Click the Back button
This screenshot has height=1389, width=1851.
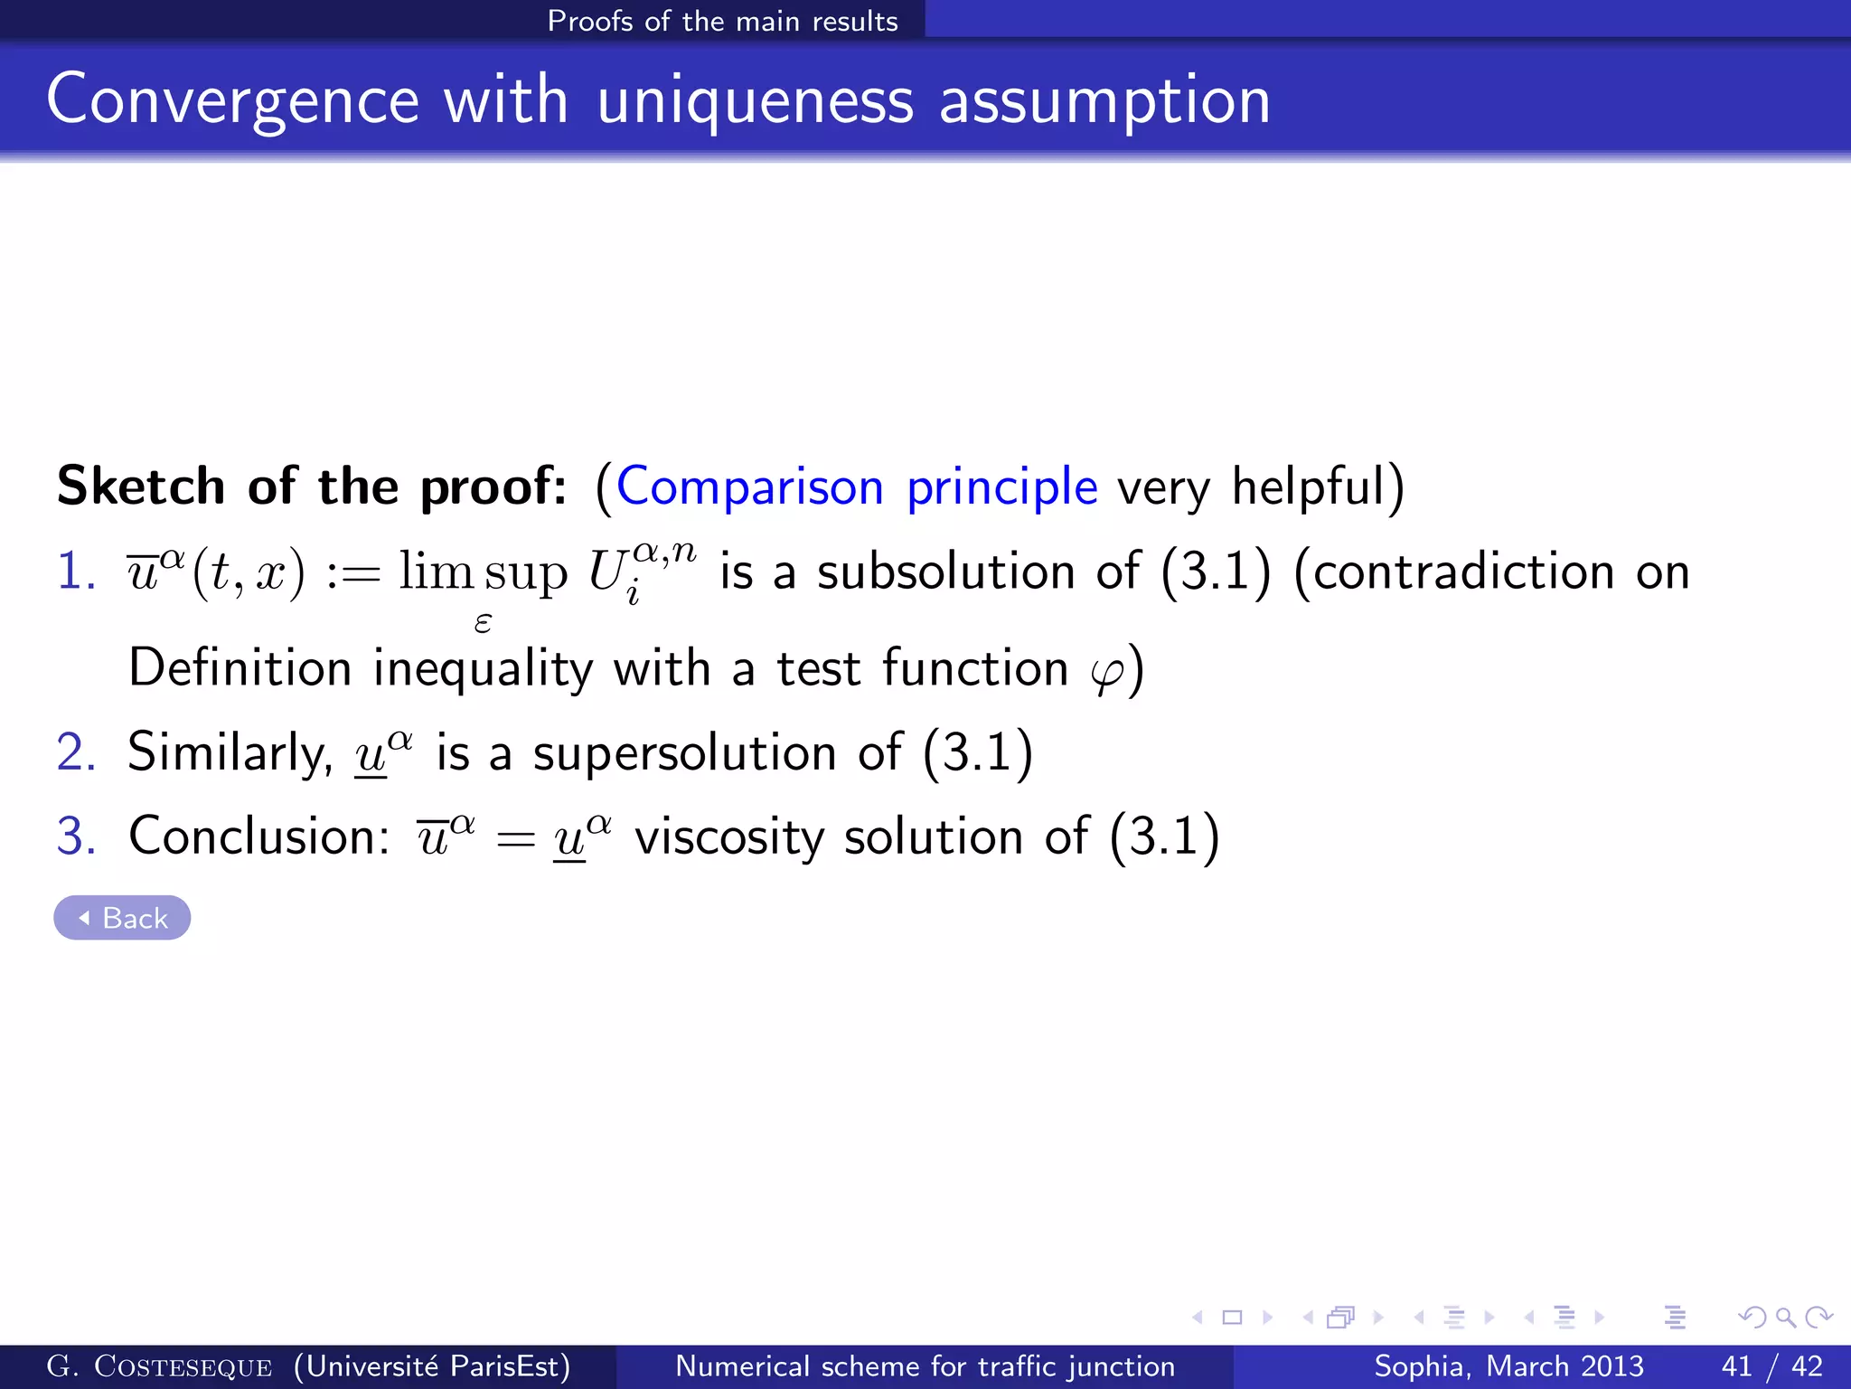tap(122, 918)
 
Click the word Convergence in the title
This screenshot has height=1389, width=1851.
tap(232, 100)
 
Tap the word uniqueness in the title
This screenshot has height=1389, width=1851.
tap(756, 100)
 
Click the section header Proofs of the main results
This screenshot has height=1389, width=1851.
tap(722, 21)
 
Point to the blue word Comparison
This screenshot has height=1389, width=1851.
tap(750, 487)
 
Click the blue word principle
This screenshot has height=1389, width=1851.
tap(1002, 488)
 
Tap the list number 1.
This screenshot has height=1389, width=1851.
tap(75, 572)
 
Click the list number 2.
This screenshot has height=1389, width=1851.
tap(75, 752)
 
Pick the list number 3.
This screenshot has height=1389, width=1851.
tap(75, 836)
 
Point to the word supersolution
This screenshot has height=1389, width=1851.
tap(684, 753)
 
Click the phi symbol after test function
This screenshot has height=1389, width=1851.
tap(1107, 672)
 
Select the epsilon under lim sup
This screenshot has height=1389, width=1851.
tap(483, 622)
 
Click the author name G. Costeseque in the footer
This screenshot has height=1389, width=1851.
tap(159, 1366)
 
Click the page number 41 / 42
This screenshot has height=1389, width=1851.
tap(1772, 1365)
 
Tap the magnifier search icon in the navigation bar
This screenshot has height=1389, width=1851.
tap(1785, 1318)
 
